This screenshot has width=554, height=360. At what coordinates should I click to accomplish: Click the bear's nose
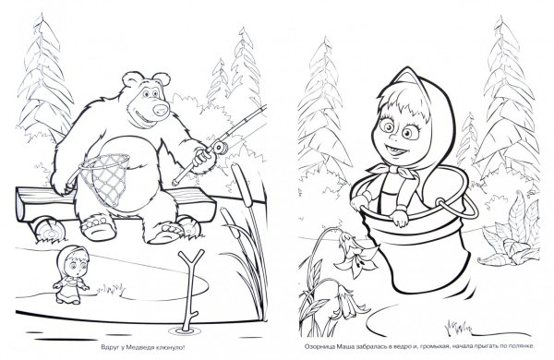(x=161, y=108)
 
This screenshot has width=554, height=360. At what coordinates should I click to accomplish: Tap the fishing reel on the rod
(x=220, y=147)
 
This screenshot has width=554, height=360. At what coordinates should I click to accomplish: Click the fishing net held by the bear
(x=105, y=178)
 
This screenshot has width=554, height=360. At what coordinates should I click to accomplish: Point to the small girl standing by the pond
(x=71, y=274)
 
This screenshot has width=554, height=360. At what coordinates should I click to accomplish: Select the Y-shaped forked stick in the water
(x=189, y=290)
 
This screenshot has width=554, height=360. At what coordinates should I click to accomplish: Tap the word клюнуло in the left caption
(x=171, y=348)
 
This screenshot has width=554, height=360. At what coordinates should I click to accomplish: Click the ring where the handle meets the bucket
(x=440, y=203)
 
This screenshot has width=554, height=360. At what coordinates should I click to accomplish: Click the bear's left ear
(x=130, y=79)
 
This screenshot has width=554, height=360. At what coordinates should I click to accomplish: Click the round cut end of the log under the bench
(x=51, y=230)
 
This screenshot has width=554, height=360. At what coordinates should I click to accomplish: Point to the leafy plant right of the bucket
(x=511, y=234)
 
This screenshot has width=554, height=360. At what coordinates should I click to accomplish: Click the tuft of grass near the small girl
(x=112, y=289)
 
